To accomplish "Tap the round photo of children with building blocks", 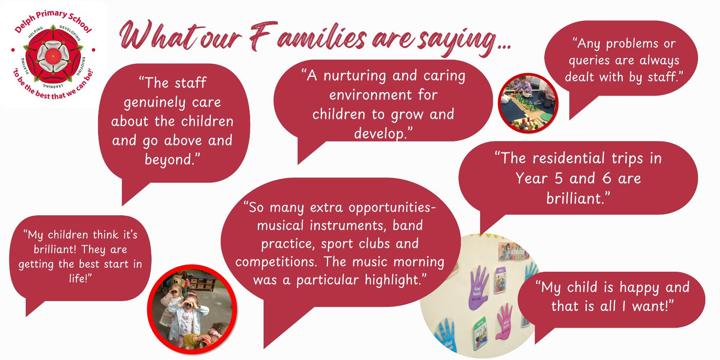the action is (528, 103).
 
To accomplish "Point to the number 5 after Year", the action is (558, 179).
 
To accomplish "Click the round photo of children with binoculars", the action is (192, 309).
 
